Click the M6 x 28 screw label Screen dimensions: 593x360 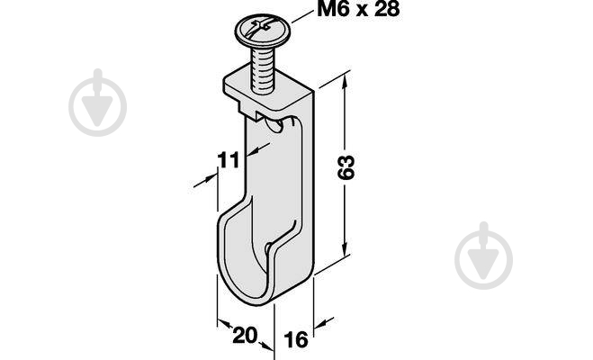point(358,9)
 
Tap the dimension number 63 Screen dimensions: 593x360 point(346,166)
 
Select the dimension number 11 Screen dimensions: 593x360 point(229,160)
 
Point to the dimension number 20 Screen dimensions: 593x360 point(245,336)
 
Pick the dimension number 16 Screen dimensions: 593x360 point(296,339)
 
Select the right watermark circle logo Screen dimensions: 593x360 point(484,256)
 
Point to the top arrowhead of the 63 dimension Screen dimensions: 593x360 point(344,83)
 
